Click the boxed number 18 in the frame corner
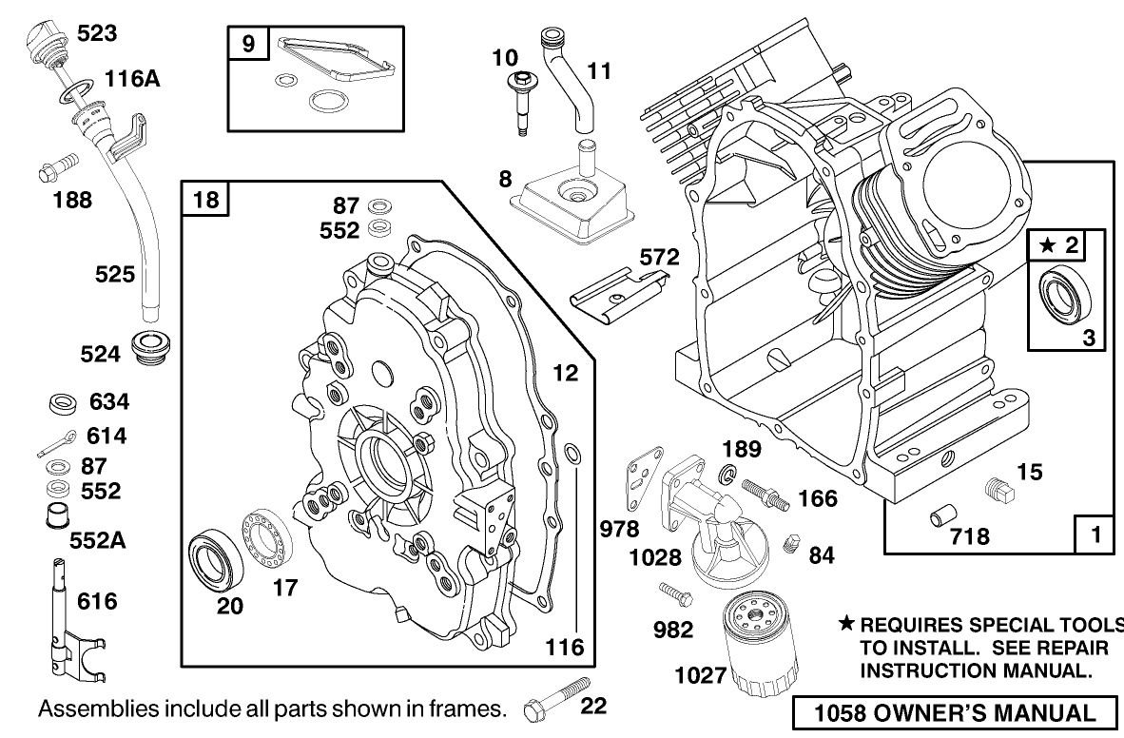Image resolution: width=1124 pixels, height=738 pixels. tap(203, 201)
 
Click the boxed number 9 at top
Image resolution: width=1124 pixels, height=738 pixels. tap(247, 45)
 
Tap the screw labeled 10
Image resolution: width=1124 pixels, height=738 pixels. tap(521, 104)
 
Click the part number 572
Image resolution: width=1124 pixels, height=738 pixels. tap(659, 257)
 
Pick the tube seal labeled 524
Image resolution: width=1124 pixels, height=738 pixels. tap(152, 347)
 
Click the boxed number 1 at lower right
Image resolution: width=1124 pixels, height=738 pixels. tap(1095, 534)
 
